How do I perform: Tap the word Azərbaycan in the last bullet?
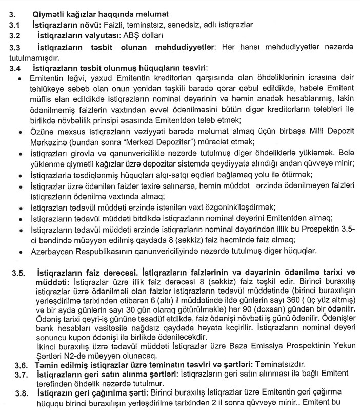click(x=51, y=251)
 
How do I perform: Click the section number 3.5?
click(x=20, y=272)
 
